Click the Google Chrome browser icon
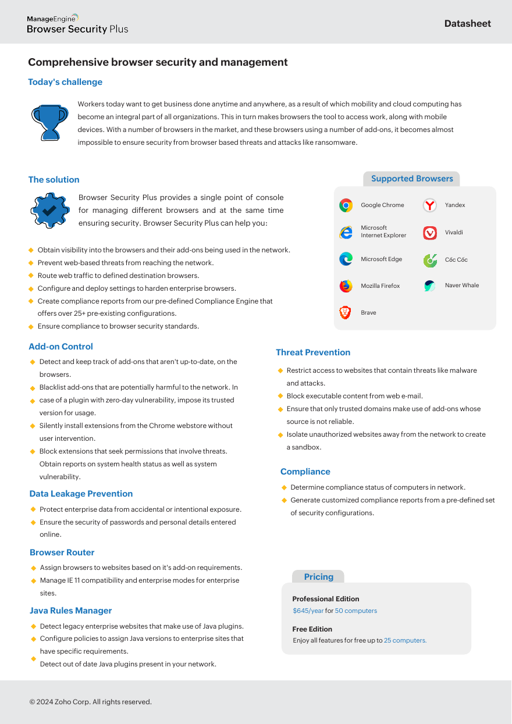coord(346,205)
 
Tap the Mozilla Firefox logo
coord(346,286)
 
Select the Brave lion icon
coord(346,313)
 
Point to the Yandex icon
coord(430,205)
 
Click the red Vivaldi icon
coord(430,233)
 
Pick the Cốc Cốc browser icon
coord(430,260)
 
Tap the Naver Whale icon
coord(430,286)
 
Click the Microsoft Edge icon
coord(346,259)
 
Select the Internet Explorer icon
coord(346,232)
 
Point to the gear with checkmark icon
coord(49,210)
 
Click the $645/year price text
coord(308,611)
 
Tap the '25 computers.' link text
coord(405,640)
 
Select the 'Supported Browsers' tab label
coord(412,179)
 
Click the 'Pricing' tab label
coord(318,577)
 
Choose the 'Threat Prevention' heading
coord(313,352)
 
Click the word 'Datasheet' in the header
coord(467,24)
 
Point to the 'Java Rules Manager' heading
coord(71,611)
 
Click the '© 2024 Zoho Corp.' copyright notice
coord(91,702)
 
